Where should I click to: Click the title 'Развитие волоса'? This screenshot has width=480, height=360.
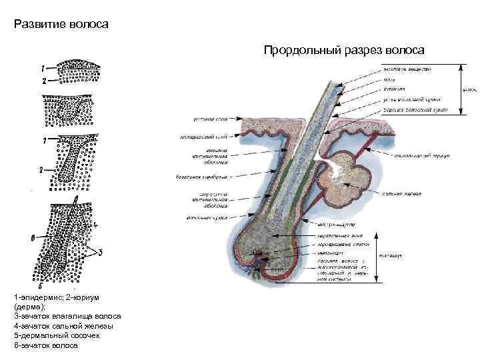point(61,25)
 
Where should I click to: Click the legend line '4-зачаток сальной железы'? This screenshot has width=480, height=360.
point(64,326)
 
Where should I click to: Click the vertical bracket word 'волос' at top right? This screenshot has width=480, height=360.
point(469,87)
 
